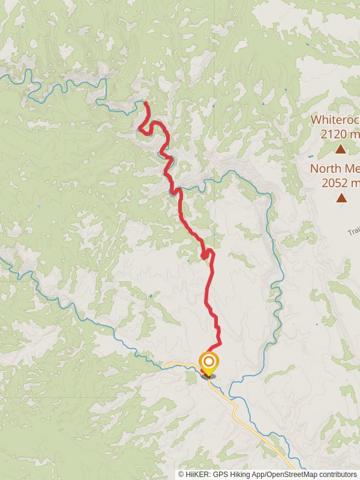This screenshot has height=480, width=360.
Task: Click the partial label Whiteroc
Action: [335, 119]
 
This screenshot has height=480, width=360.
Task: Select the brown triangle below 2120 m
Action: [341, 149]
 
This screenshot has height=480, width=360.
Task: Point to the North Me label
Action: [334, 169]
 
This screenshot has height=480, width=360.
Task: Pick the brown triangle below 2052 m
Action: [341, 197]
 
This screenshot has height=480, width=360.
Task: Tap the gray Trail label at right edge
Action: [353, 230]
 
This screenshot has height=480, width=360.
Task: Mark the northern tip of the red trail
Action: [146, 104]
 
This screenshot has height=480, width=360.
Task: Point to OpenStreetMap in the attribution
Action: [291, 474]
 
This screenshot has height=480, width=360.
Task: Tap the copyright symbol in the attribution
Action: [181, 474]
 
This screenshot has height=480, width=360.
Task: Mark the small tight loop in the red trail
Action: [205, 255]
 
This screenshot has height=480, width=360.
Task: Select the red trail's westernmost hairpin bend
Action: [140, 127]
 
